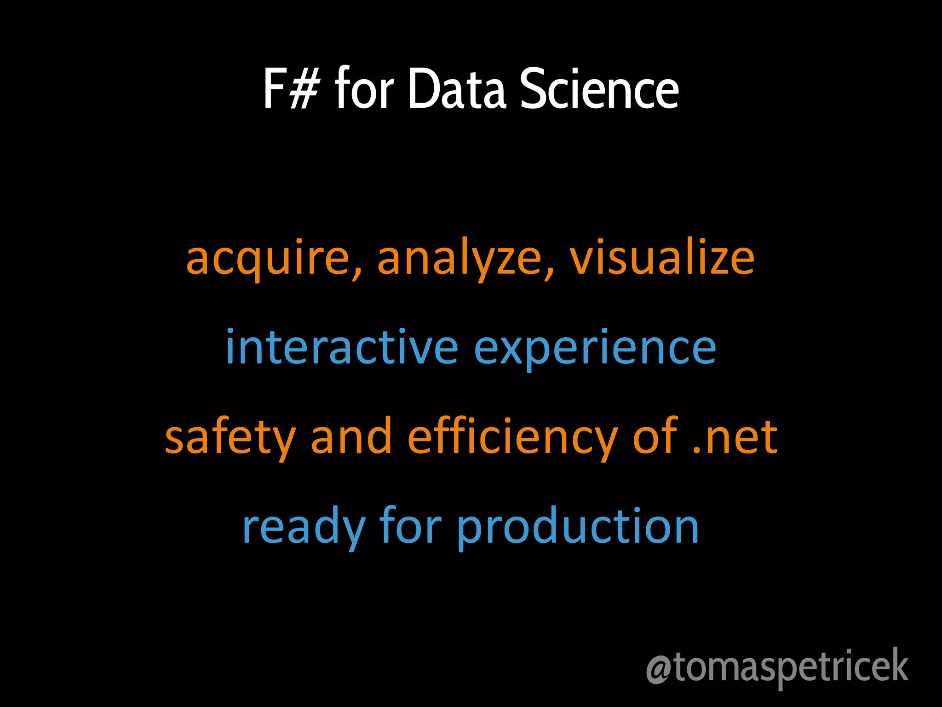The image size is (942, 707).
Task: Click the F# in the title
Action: pyautogui.click(x=291, y=88)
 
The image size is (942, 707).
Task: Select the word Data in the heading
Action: pyautogui.click(x=457, y=88)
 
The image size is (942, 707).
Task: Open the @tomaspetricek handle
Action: pyautogui.click(x=777, y=667)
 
